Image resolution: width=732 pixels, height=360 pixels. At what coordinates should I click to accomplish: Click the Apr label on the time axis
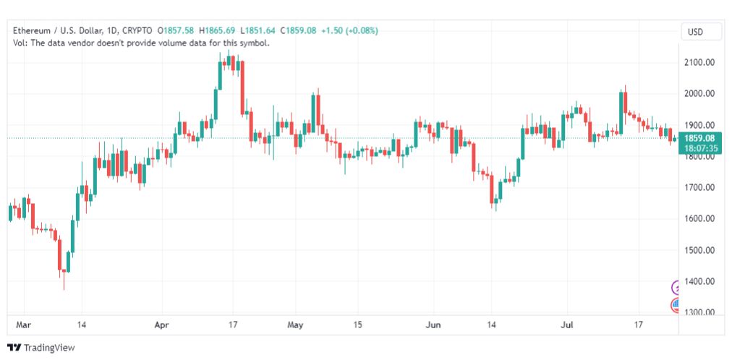click(162, 325)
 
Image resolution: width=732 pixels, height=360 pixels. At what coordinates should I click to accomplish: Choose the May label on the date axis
click(295, 325)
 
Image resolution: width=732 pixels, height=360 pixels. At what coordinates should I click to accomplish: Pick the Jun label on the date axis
click(433, 325)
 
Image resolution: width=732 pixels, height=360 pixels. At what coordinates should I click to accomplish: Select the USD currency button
click(695, 33)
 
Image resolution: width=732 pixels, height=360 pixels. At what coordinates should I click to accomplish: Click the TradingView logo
click(41, 348)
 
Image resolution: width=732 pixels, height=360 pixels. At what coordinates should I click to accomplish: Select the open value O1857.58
click(176, 31)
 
